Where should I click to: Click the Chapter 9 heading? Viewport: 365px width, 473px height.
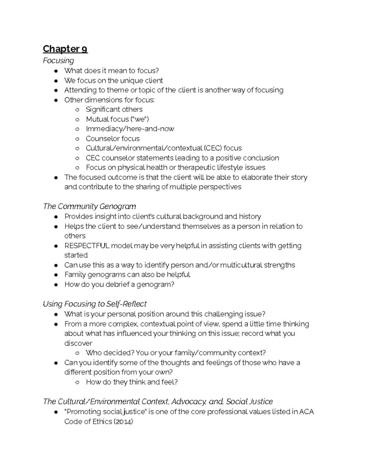(65, 49)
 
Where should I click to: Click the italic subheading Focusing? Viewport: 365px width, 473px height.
(58, 61)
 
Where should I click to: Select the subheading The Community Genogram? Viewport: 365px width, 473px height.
(89, 206)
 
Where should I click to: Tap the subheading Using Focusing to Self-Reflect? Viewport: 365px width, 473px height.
(95, 304)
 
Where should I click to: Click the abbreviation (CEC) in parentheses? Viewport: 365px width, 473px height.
(213, 148)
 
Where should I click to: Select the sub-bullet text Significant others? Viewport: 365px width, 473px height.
(114, 110)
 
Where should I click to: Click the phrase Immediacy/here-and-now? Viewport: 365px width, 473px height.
(130, 129)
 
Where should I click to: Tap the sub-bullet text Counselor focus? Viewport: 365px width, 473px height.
(113, 139)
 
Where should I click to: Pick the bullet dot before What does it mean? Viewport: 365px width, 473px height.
(56, 71)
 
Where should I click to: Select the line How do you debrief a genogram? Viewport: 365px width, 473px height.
(119, 284)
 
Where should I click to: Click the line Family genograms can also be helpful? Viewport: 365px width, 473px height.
(127, 275)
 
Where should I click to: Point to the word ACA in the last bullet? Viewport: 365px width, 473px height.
(306, 412)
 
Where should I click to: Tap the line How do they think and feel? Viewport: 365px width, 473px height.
(132, 382)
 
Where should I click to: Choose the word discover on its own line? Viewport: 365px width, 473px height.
(78, 343)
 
